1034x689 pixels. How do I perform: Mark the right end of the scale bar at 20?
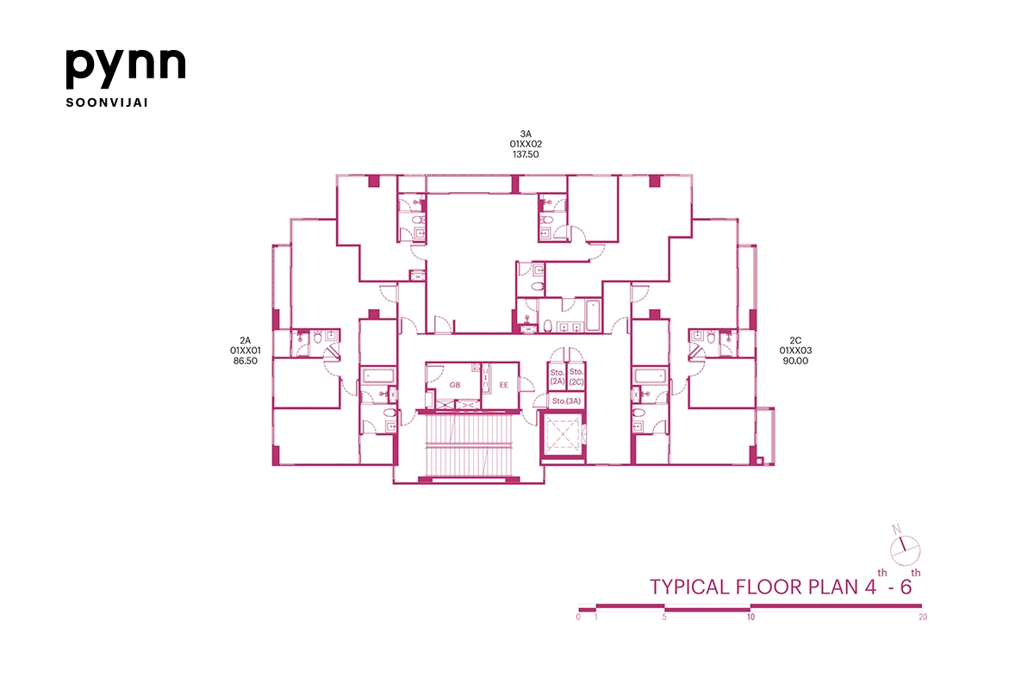(x=922, y=606)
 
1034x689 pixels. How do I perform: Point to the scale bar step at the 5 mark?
(x=664, y=608)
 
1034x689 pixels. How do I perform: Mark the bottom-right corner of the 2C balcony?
(x=774, y=465)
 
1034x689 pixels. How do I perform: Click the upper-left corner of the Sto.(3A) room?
(x=548, y=393)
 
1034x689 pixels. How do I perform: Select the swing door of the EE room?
(x=526, y=384)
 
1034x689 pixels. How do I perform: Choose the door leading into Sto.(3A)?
(x=540, y=401)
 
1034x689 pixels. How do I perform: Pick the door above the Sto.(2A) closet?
(x=557, y=355)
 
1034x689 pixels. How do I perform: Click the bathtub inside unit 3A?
(x=593, y=315)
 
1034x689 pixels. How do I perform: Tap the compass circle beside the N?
(x=906, y=550)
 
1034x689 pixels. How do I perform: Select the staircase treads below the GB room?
(x=469, y=445)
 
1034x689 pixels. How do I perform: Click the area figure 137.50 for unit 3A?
(x=526, y=155)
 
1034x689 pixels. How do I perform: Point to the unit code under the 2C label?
(x=795, y=351)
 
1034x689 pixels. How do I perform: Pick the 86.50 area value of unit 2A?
(x=245, y=361)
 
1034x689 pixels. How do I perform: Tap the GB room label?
(x=455, y=385)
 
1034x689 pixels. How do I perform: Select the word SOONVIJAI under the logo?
(x=107, y=102)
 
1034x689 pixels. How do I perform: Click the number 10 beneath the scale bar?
(x=751, y=617)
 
